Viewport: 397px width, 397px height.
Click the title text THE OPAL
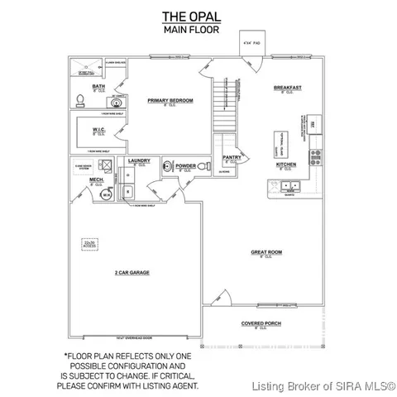point(198,16)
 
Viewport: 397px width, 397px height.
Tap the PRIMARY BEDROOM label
point(170,100)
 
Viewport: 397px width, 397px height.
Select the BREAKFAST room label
point(288,87)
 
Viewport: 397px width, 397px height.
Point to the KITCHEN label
point(286,164)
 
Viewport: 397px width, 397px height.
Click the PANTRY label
point(231,158)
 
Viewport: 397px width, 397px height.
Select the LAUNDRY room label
point(138,161)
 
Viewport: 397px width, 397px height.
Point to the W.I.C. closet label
point(98,128)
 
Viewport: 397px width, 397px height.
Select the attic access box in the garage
point(88,244)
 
